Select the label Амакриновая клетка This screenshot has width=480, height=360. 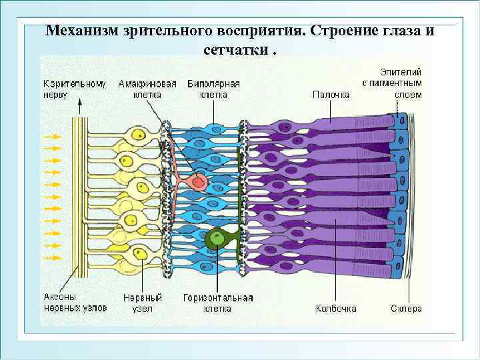[147, 89]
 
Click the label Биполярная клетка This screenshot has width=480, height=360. [214, 89]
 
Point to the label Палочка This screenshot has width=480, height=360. [331, 95]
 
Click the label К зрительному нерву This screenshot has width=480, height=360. [75, 89]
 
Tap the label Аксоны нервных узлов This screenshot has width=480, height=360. [69, 303]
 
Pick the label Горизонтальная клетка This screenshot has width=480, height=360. [217, 303]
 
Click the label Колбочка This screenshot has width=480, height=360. [336, 309]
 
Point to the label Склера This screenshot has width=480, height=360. [406, 309]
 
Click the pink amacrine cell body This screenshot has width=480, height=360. [197, 181]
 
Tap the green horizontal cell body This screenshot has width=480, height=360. [216, 237]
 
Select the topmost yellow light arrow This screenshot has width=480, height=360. [51, 137]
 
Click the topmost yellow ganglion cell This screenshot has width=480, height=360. [139, 135]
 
